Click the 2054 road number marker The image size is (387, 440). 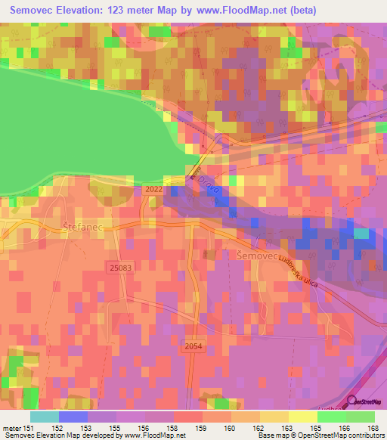194,345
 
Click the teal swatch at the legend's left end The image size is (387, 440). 45,417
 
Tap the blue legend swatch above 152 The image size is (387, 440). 73,417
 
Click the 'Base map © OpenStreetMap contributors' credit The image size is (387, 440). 320,435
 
